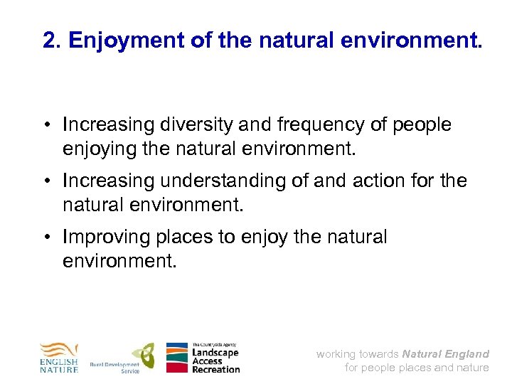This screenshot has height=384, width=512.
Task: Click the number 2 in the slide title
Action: (49, 41)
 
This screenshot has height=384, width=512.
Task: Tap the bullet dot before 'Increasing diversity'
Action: (53, 125)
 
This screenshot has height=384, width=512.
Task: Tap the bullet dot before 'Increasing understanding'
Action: (53, 181)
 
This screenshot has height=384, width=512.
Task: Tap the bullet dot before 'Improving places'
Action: (53, 237)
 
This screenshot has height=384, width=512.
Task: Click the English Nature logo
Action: (58, 358)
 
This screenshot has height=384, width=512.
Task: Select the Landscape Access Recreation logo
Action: (203, 358)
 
